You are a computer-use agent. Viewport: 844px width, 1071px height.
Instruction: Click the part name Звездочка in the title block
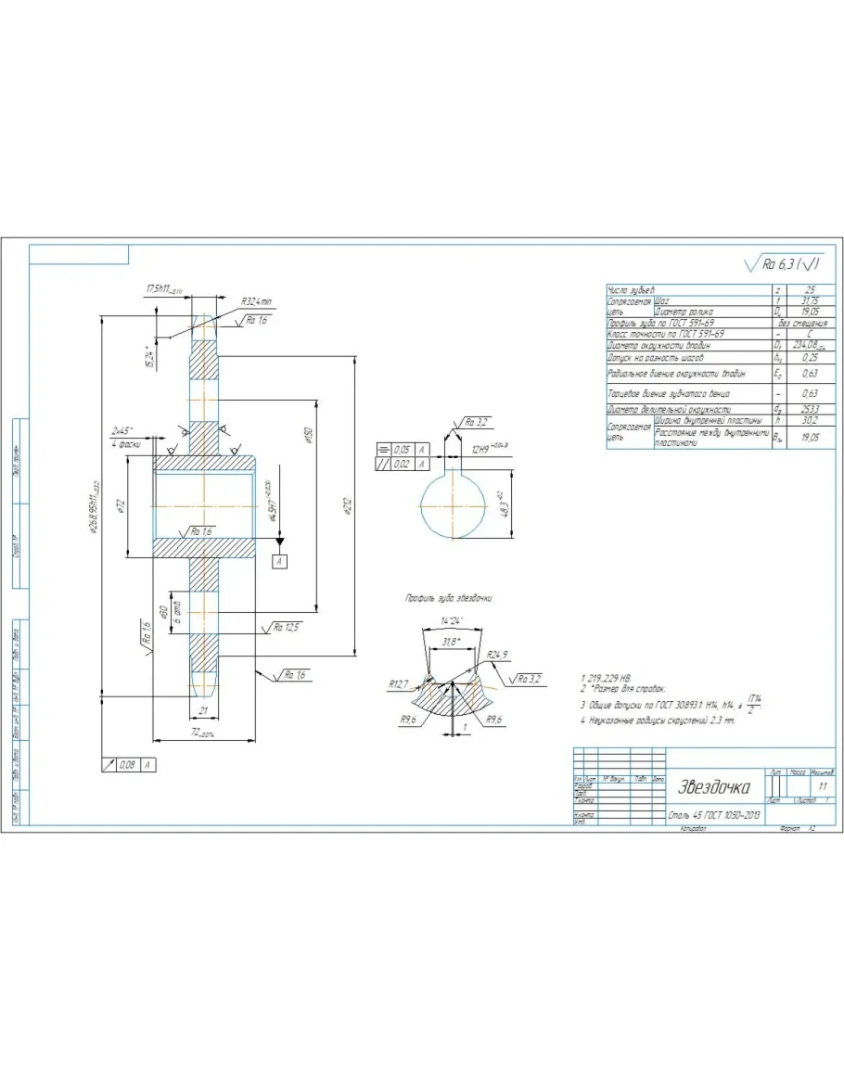coord(713,788)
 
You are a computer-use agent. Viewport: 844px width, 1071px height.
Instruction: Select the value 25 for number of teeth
coord(810,290)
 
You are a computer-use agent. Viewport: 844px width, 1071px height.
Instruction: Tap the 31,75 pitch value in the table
coord(810,300)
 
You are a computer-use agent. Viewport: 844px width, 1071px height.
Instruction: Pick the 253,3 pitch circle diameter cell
coord(810,408)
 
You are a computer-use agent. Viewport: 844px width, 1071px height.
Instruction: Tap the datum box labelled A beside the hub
coord(279,561)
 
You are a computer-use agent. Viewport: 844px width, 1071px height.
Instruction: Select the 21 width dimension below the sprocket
coord(204,710)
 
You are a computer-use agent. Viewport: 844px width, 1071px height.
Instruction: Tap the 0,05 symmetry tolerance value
coord(401,449)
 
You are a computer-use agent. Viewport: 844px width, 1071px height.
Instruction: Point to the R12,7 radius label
coord(400,684)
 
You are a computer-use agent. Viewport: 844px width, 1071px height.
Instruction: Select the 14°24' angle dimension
coord(452,618)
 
